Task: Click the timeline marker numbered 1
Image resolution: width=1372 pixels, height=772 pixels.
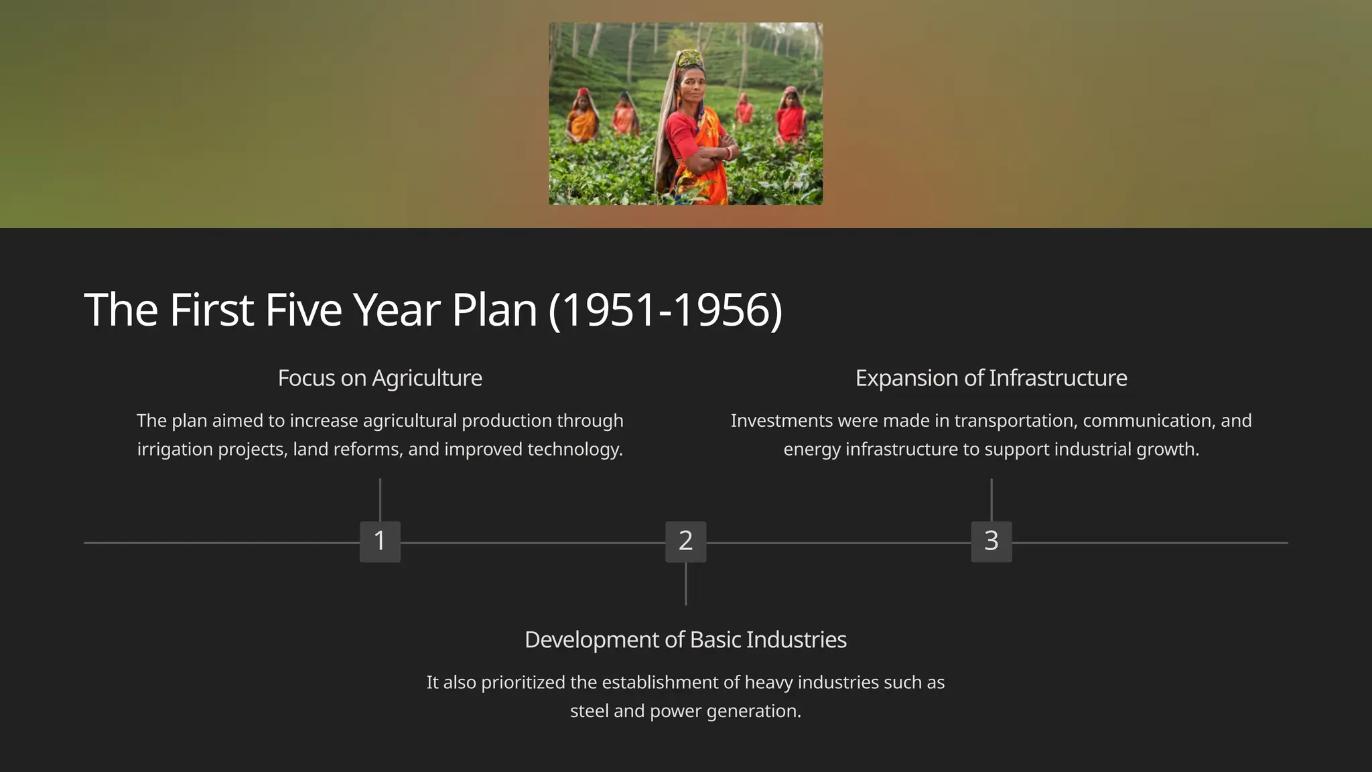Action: tap(380, 541)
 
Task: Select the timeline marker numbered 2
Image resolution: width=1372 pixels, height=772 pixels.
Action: tap(685, 541)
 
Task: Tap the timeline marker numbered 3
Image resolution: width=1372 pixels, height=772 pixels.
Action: tap(991, 541)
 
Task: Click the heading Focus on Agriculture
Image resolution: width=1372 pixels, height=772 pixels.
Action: tap(380, 378)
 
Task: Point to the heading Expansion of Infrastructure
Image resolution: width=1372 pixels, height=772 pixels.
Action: tap(991, 378)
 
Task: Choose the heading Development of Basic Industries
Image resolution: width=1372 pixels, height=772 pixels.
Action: tap(685, 639)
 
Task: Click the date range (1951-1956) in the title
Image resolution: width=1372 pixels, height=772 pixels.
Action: tap(665, 310)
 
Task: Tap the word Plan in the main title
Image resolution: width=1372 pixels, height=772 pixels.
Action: tap(494, 310)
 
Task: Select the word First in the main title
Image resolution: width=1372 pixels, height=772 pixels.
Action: tap(211, 310)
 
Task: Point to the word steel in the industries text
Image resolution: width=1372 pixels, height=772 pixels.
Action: tap(590, 711)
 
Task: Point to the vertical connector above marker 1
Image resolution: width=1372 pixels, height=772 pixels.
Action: tap(380, 499)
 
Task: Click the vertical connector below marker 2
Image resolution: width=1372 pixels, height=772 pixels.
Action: tap(685, 584)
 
